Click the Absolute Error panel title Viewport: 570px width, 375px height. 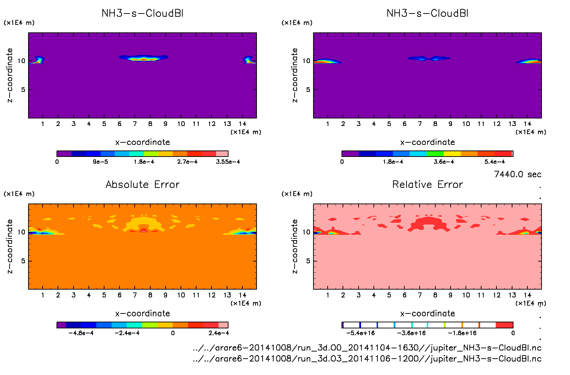point(142,184)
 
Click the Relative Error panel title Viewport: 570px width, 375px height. point(427,184)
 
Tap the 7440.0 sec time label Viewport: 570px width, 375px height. point(517,174)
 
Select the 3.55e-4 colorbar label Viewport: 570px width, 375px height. point(228,162)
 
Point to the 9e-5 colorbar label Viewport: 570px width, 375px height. point(101,162)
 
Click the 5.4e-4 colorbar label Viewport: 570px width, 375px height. point(495,162)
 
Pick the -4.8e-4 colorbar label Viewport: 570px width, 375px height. point(81,333)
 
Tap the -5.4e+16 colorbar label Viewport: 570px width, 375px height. point(360,333)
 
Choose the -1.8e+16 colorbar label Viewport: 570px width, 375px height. point(462,333)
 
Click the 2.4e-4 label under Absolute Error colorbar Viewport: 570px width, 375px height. point(219,333)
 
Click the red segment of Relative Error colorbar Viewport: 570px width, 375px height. point(504,325)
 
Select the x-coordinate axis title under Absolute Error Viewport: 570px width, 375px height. point(142,313)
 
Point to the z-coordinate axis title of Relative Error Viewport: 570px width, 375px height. point(295,246)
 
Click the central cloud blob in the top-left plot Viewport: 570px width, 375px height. point(143,58)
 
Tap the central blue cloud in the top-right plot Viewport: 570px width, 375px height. point(429,58)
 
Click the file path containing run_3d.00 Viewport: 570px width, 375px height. point(367,348)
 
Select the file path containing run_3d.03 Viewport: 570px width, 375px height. point(367,359)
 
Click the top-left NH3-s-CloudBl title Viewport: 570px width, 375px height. point(142,14)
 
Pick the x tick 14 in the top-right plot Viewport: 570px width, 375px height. point(527,124)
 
